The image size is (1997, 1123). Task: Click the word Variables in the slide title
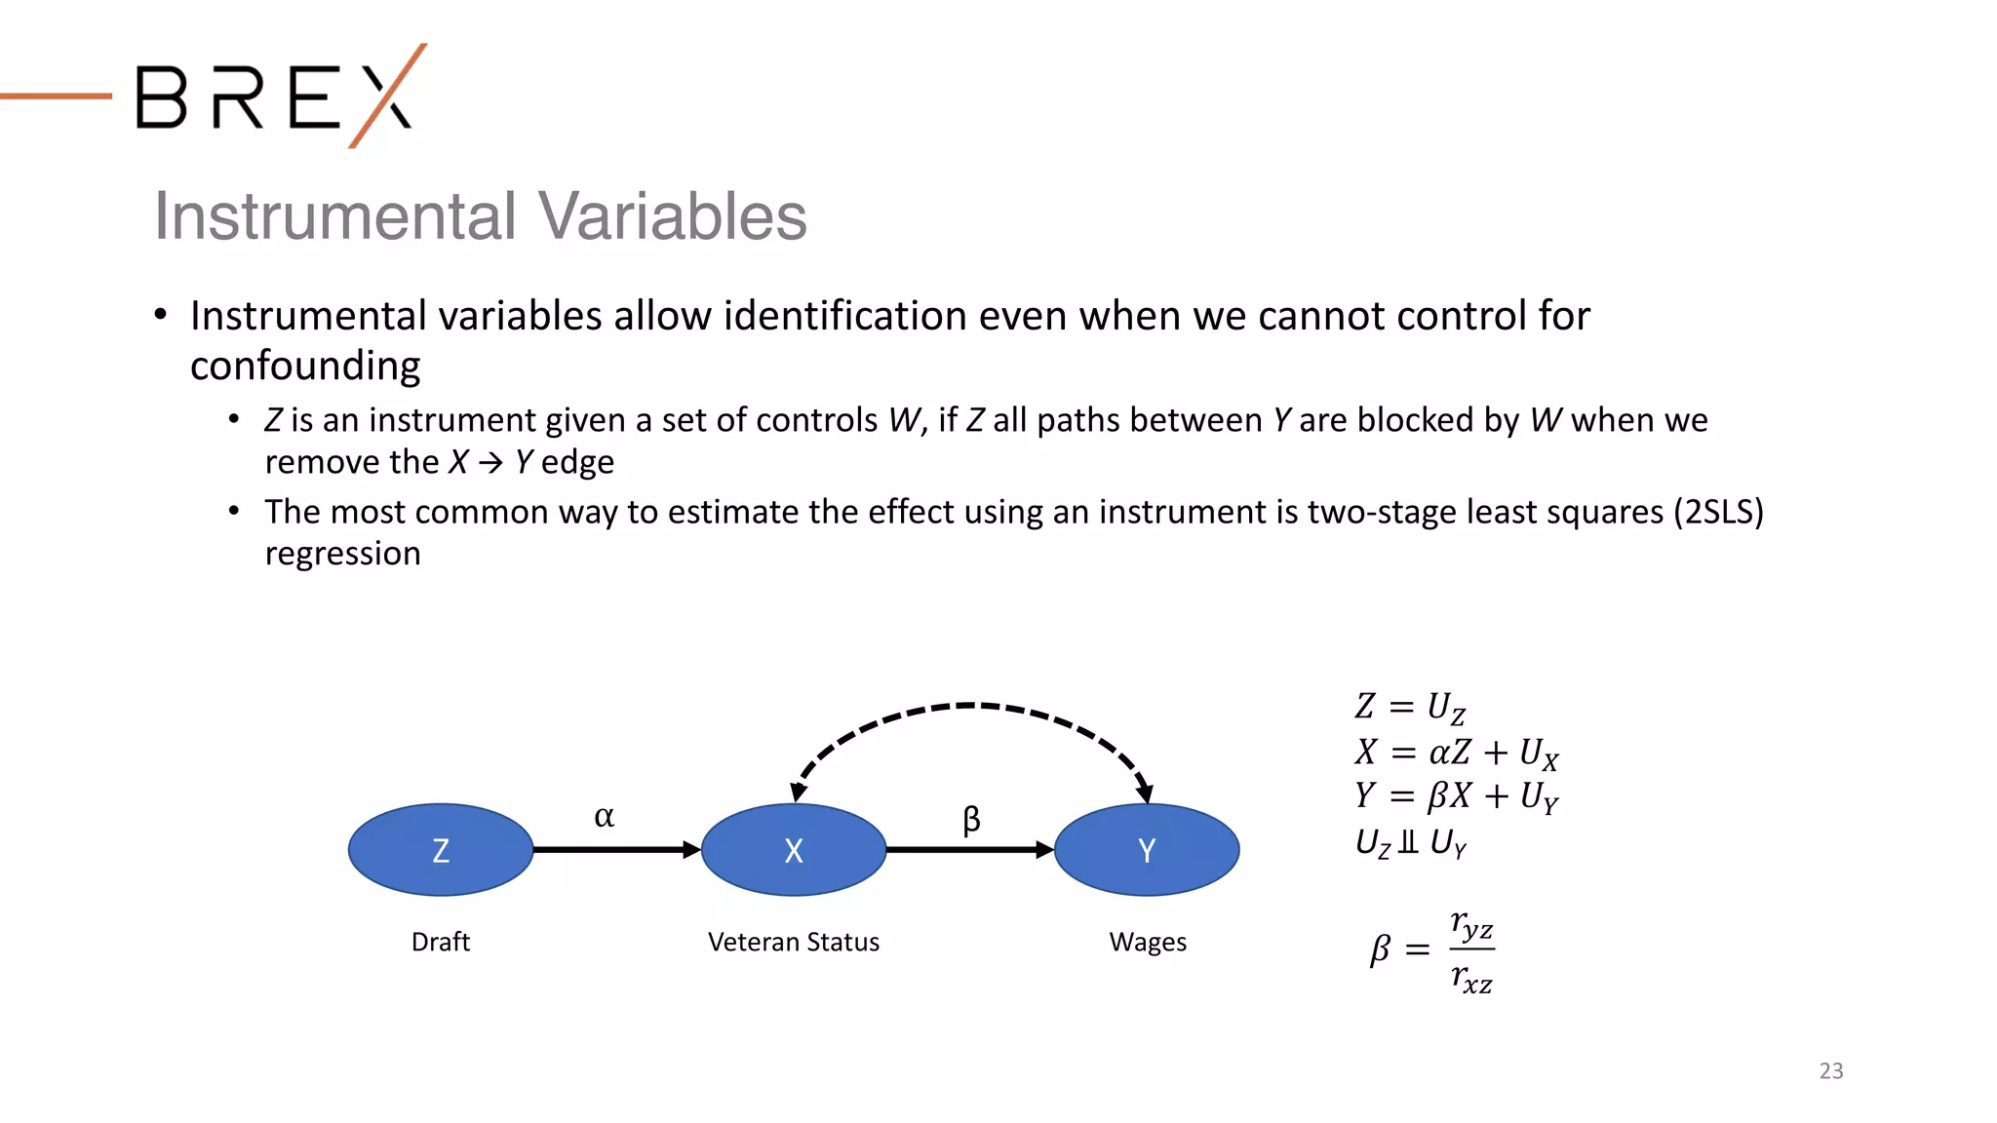coord(672,215)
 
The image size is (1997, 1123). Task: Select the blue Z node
coord(441,850)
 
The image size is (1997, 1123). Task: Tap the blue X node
coord(794,850)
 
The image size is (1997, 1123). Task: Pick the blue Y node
coord(1147,850)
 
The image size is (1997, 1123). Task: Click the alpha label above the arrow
coord(604,816)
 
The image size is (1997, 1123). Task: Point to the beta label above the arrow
coord(971,819)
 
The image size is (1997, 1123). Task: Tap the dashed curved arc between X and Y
coord(969,705)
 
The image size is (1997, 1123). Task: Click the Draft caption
coord(441,942)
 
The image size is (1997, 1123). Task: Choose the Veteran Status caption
coord(794,942)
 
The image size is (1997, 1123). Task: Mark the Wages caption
coord(1148,942)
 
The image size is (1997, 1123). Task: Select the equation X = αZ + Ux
coord(1456,753)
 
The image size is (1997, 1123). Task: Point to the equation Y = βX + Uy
coord(1456,796)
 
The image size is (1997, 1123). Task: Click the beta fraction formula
coord(1431,950)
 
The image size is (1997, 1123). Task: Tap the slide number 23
coord(1831,1070)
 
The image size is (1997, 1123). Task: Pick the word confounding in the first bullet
coord(305,366)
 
